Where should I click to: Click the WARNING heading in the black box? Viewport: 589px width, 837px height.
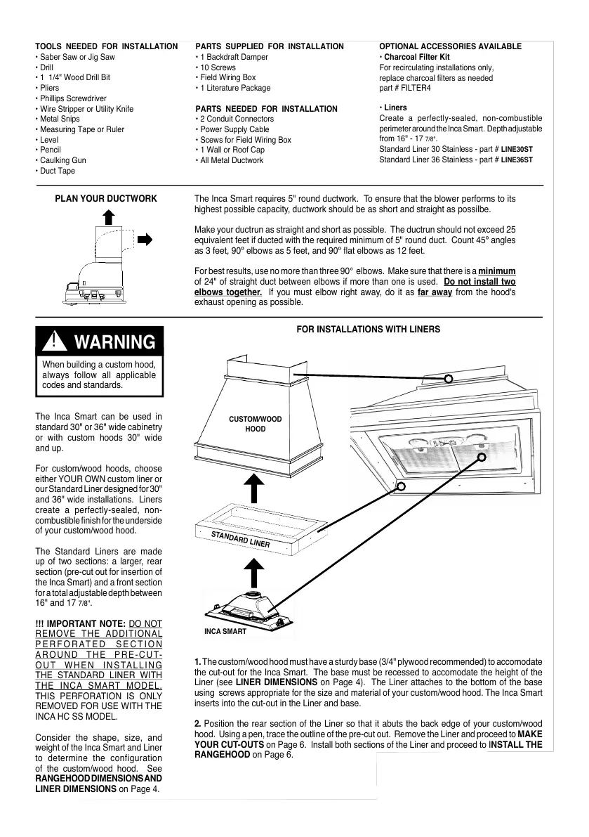pos(114,342)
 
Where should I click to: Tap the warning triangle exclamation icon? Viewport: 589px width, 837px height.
pos(54,342)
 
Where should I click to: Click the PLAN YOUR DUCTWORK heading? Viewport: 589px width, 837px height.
pos(106,199)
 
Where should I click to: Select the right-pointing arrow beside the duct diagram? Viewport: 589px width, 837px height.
pos(145,239)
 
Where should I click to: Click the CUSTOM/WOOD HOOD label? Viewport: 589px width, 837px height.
pos(256,424)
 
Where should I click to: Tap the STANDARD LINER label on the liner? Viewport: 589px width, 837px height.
pos(241,540)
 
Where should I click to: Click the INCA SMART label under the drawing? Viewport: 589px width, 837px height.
pos(225,632)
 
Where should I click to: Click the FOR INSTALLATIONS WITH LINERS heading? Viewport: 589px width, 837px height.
pos(369,329)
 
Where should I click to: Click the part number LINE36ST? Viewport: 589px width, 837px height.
pos(517,160)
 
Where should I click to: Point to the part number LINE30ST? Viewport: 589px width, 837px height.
pos(517,150)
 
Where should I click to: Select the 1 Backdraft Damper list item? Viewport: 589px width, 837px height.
pos(234,57)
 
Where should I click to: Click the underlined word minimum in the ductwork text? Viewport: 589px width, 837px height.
pos(497,271)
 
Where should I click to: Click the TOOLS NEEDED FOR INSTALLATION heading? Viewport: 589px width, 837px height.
pos(107,46)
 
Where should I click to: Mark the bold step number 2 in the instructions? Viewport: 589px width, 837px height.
pos(197,723)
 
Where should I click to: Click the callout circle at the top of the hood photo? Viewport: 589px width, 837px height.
pos(449,379)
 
